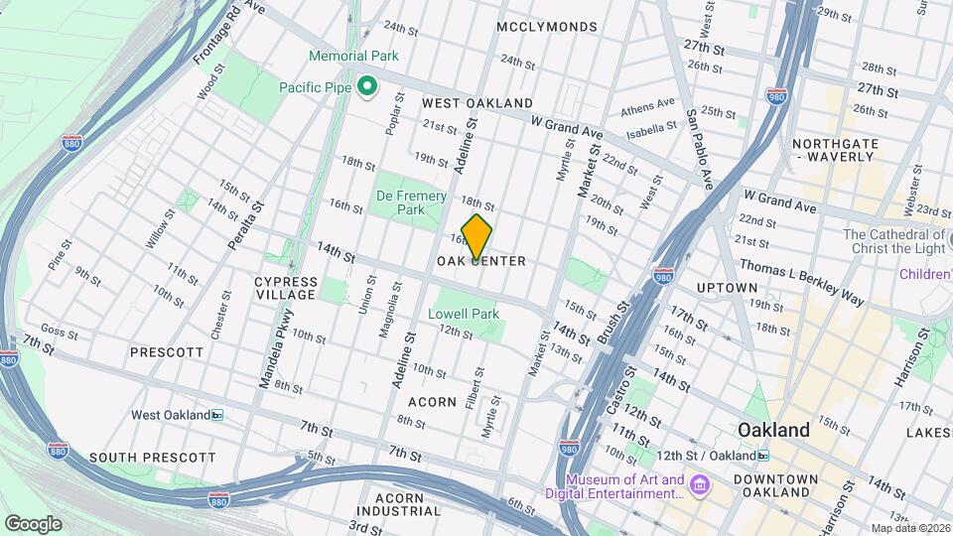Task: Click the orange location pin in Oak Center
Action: click(476, 238)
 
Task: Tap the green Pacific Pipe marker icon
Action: click(366, 87)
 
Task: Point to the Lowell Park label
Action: click(463, 314)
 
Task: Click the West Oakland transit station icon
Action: click(217, 415)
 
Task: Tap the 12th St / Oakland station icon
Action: click(762, 456)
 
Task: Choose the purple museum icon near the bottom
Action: click(701, 485)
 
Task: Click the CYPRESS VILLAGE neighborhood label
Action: click(285, 288)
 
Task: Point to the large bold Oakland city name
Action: click(773, 430)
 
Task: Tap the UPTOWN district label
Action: click(728, 288)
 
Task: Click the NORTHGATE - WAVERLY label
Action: click(835, 150)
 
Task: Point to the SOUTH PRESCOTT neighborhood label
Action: click(152, 458)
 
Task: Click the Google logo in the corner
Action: click(33, 523)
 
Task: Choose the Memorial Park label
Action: click(353, 57)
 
